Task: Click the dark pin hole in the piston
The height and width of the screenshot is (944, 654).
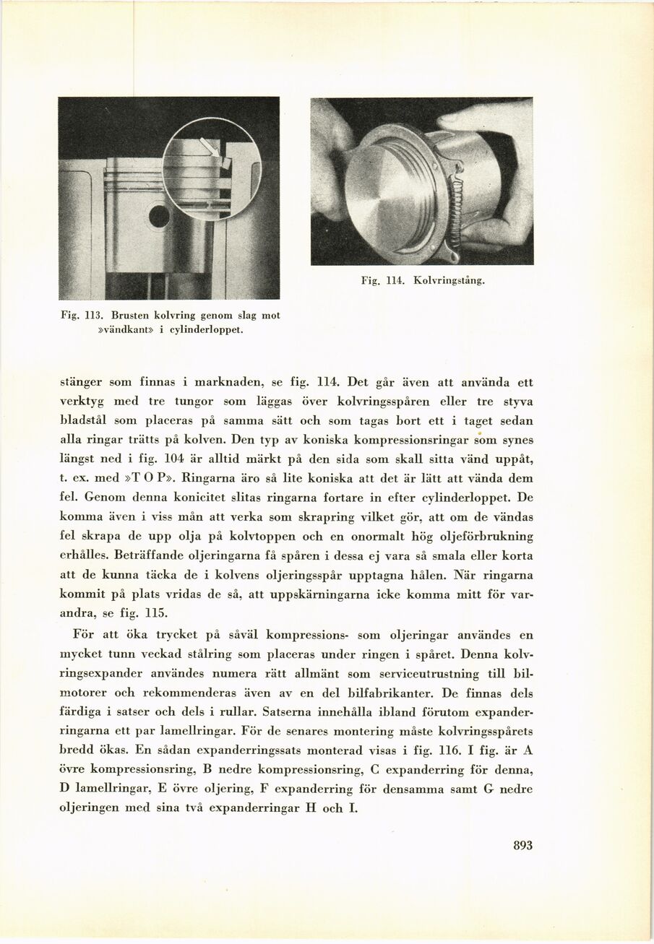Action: point(159,216)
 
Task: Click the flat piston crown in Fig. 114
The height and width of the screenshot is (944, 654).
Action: point(382,195)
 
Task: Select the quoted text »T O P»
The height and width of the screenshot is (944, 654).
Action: point(153,478)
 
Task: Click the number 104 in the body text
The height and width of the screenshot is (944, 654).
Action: point(176,459)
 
